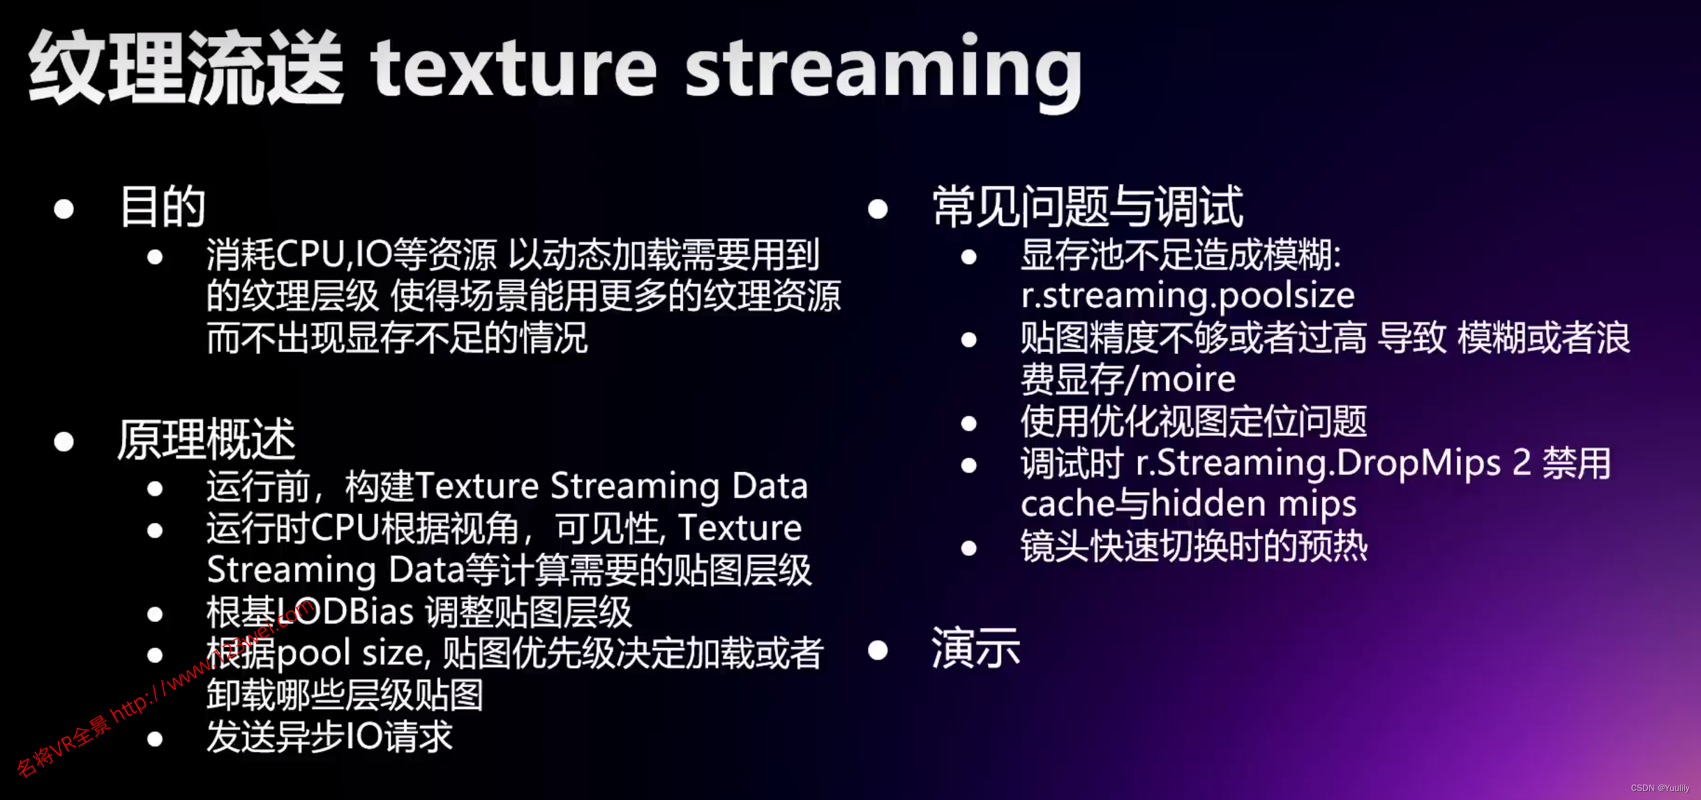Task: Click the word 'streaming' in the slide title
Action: point(883,70)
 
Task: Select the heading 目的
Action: point(163,207)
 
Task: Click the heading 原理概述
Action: point(207,440)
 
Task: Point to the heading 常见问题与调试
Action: point(1087,207)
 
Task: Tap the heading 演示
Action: point(975,648)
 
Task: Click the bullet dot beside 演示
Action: point(878,651)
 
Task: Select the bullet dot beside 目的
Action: point(64,209)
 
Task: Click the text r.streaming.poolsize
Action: point(1187,296)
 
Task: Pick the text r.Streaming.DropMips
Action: point(1318,464)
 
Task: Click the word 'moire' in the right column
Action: point(1188,380)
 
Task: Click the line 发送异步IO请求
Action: point(330,737)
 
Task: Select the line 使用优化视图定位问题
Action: point(1194,422)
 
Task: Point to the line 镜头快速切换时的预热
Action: point(1194,547)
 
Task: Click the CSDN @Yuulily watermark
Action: point(1660,788)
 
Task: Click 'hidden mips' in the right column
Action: point(1254,505)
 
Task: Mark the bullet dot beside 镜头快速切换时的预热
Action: point(968,548)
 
